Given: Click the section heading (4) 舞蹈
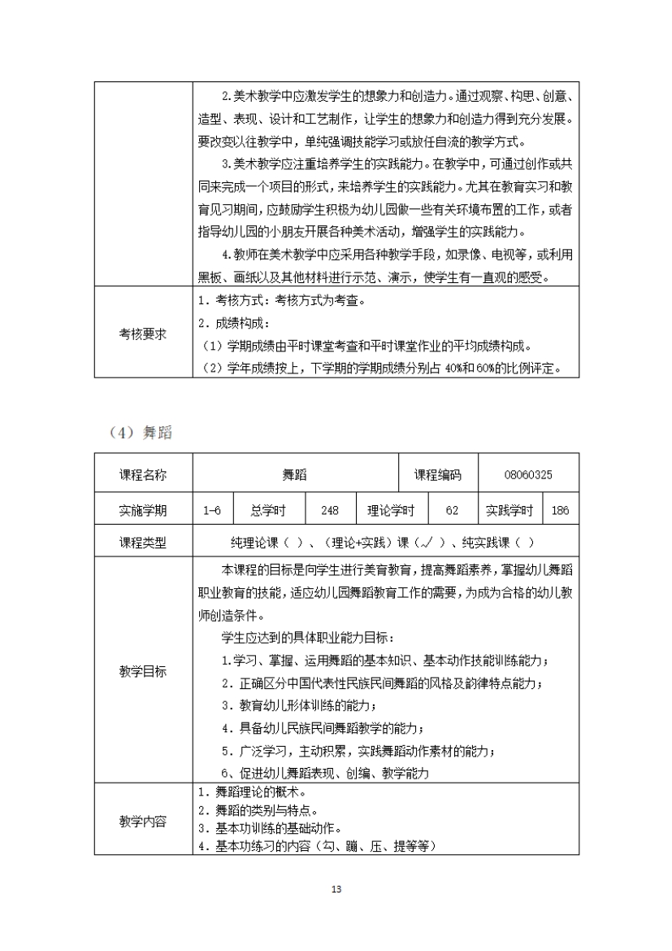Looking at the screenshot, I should click(x=139, y=434).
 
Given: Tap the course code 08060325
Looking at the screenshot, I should click(x=528, y=475).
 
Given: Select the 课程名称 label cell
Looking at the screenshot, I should click(x=143, y=475).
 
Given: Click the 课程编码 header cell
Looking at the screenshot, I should click(x=437, y=475).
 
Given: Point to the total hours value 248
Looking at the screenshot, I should click(x=330, y=511).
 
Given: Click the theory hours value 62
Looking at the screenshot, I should click(x=453, y=511).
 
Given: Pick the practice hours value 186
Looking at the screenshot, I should click(x=560, y=511).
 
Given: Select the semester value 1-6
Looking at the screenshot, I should click(x=212, y=511).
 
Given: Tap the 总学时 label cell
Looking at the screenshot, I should click(x=268, y=511).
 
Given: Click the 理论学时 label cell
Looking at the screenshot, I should click(x=391, y=511).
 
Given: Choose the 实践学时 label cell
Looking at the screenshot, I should click(x=509, y=511).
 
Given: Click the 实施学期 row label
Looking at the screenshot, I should click(x=143, y=511).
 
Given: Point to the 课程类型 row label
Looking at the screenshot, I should click(x=143, y=543).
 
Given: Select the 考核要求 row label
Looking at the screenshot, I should click(x=143, y=334).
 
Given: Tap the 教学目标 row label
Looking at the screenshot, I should click(x=143, y=671).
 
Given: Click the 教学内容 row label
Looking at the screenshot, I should click(x=143, y=822).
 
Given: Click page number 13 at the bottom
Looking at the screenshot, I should click(x=336, y=888).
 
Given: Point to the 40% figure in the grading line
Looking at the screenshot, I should click(x=454, y=369).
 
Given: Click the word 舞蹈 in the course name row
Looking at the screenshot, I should click(x=295, y=475).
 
